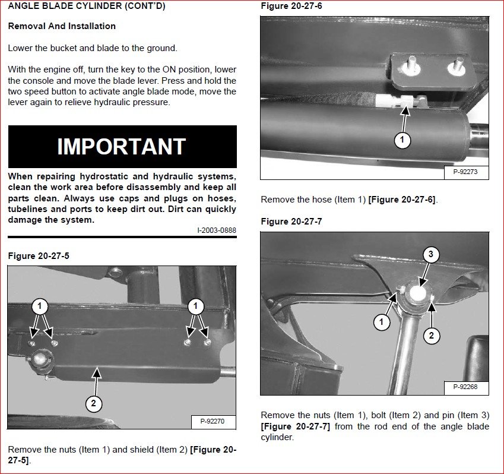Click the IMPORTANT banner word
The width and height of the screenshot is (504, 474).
(x=122, y=147)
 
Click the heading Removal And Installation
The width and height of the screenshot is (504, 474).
(x=62, y=26)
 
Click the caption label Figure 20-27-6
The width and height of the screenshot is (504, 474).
(x=291, y=6)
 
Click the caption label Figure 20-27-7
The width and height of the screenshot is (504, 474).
(x=291, y=222)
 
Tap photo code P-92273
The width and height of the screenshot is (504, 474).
(x=466, y=173)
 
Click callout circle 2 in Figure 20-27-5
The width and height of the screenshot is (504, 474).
(x=93, y=404)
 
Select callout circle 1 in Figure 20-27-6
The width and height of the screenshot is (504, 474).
(x=402, y=141)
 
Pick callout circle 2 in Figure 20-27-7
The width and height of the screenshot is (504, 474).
(x=432, y=336)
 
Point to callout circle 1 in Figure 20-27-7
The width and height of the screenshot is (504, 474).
(x=382, y=323)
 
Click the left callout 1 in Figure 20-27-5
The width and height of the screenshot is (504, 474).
(x=40, y=306)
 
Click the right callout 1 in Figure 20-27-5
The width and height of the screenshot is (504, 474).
(x=195, y=306)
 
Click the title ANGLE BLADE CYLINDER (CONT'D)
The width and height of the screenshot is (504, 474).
(x=87, y=7)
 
